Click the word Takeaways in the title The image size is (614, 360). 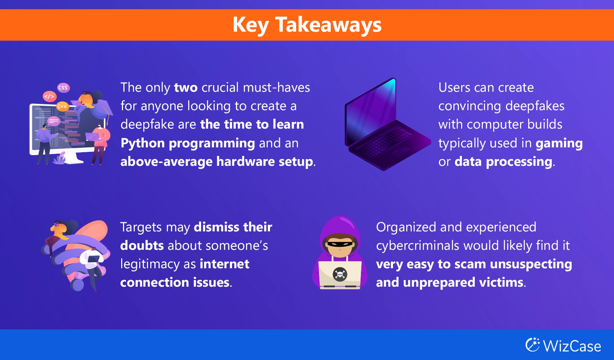[x=328, y=25]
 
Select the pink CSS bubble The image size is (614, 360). [x=63, y=88]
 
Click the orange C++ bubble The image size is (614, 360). [x=62, y=106]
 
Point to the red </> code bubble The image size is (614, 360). [x=49, y=97]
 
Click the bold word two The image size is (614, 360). [x=186, y=88]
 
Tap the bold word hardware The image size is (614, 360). [x=245, y=161]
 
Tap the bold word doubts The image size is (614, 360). [x=142, y=245]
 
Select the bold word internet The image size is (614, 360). [x=224, y=264]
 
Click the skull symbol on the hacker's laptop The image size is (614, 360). [x=340, y=274]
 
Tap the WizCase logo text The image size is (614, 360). [x=572, y=346]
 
